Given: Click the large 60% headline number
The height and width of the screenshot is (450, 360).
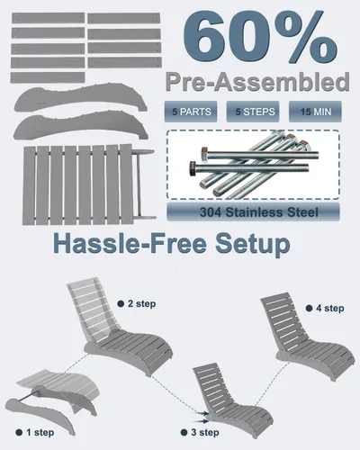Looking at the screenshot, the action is [260, 37].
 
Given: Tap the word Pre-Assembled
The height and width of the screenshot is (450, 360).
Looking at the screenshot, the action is [257, 82].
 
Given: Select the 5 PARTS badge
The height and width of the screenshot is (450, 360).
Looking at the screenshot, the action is [191, 112].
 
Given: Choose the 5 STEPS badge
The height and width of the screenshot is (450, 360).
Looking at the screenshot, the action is [253, 112].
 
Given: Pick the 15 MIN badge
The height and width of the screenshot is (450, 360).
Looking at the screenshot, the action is [315, 112].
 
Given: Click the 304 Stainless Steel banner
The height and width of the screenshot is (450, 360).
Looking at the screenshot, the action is [253, 212].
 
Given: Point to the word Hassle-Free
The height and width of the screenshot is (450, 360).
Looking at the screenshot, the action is [130, 243].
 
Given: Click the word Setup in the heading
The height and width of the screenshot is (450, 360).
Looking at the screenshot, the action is [253, 245].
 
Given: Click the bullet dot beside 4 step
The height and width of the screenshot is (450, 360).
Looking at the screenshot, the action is [309, 308].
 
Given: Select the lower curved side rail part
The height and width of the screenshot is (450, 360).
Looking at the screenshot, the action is [79, 125].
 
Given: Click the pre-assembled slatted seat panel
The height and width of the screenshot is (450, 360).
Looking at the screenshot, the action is [88, 184].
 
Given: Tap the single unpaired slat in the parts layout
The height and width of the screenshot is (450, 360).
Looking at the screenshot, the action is [48, 77].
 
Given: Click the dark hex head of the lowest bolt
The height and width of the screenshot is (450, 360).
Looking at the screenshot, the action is [193, 168].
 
